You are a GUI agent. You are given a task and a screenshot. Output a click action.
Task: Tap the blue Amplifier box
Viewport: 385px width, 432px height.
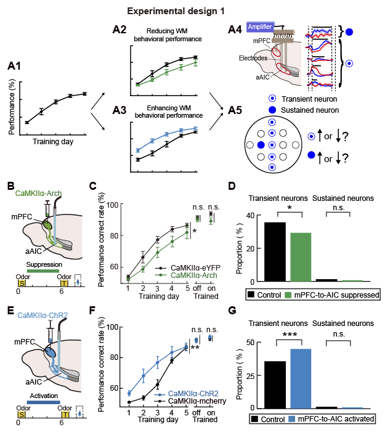[267, 27]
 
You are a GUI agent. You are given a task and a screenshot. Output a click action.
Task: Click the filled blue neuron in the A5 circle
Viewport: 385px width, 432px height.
[261, 145]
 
